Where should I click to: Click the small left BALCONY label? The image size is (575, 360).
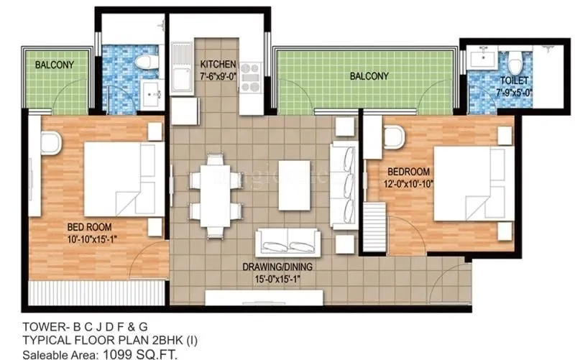click(x=55, y=65)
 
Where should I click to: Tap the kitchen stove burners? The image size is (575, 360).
click(x=251, y=77)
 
